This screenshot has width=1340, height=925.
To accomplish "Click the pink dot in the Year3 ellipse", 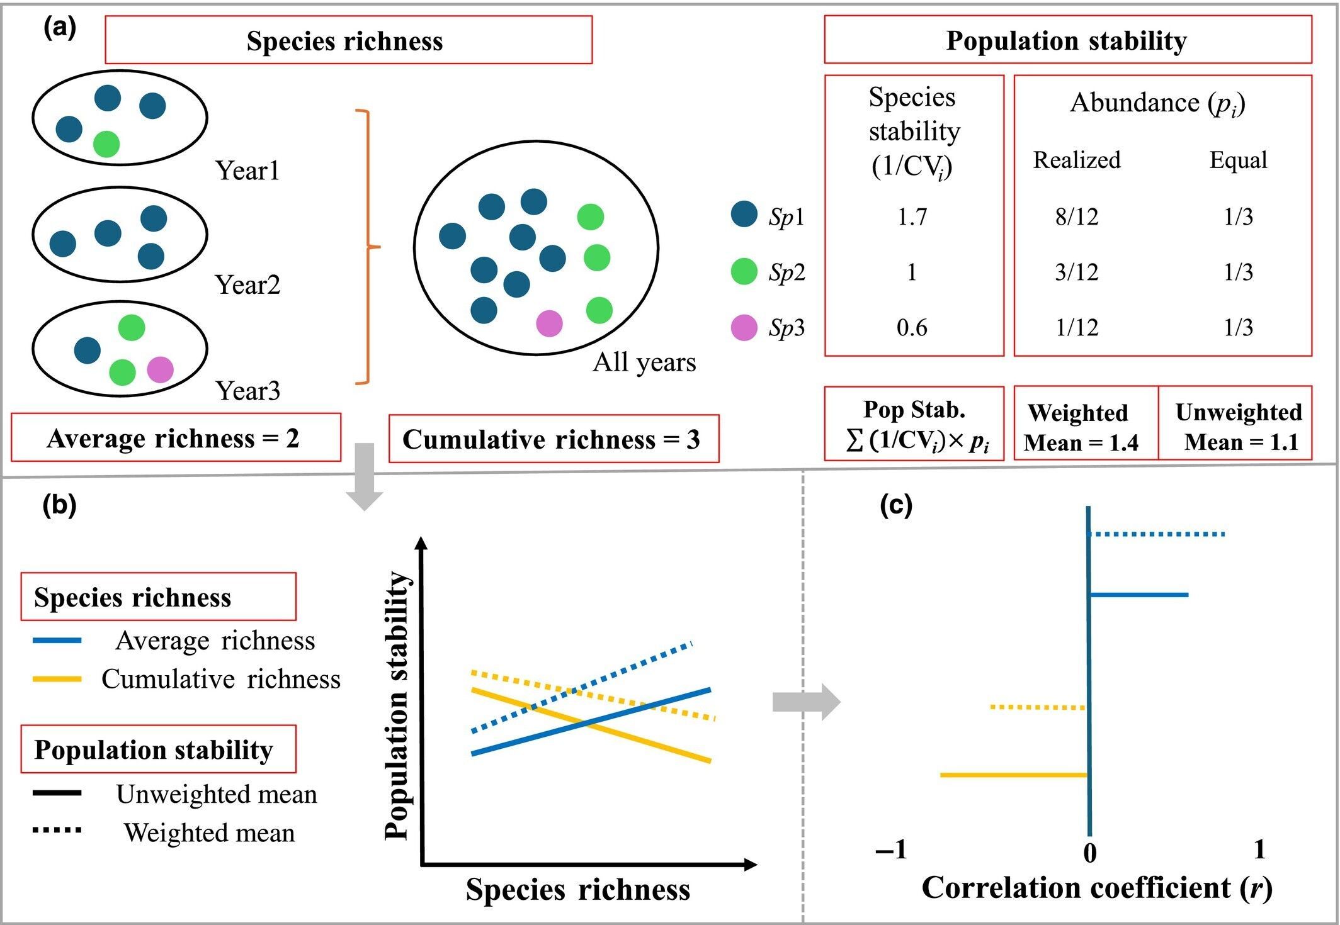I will point(160,370).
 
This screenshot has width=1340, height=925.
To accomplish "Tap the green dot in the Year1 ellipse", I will point(106,144).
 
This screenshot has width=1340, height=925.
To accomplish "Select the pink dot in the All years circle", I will point(549,323).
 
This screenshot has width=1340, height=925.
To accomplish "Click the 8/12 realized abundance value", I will point(1077,217).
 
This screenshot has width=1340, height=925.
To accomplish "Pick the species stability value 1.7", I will point(912,217).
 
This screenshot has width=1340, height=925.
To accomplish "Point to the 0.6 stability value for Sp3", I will point(912,328).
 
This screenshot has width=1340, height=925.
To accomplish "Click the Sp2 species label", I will point(786,272).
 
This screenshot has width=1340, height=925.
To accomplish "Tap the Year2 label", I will point(247,285).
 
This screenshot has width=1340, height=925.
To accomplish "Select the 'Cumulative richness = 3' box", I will point(554,439).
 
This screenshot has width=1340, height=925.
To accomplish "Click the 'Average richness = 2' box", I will point(176,438).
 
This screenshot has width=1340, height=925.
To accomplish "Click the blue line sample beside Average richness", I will point(57,641).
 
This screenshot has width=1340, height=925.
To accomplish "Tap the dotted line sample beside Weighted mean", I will point(57,830).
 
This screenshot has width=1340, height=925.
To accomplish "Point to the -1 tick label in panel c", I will point(891,850).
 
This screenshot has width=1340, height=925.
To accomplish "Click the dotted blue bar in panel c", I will point(1157,534).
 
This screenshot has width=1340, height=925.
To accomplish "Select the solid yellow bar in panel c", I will point(1014,775).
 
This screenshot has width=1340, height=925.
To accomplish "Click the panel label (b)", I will point(59,505).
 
